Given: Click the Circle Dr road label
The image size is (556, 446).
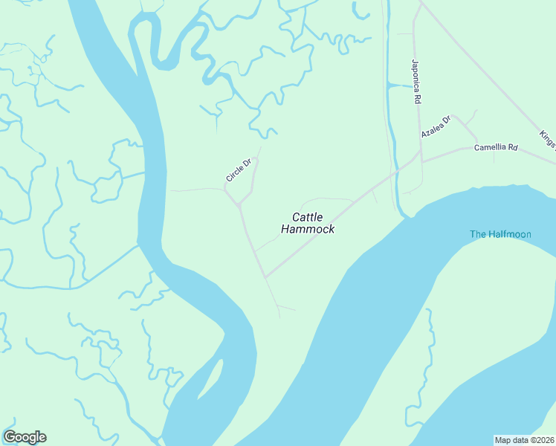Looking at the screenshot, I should (239, 170).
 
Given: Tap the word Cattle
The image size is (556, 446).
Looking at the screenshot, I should (308, 217).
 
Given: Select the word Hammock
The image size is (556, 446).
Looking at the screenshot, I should (308, 230).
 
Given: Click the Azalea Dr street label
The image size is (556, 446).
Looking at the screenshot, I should (436, 127).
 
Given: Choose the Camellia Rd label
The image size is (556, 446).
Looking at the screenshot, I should (496, 148).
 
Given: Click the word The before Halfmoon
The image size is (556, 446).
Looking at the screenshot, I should (477, 234).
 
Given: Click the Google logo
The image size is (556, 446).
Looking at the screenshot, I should (25, 437).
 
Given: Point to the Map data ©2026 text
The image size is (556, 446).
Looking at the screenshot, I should (524, 439).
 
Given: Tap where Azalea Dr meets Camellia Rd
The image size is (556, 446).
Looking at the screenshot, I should (476, 143).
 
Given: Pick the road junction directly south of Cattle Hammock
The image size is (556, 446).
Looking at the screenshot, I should (265, 277).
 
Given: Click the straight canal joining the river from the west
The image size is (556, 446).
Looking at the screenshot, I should (104, 265).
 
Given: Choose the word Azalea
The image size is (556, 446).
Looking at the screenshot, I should (431, 131).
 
